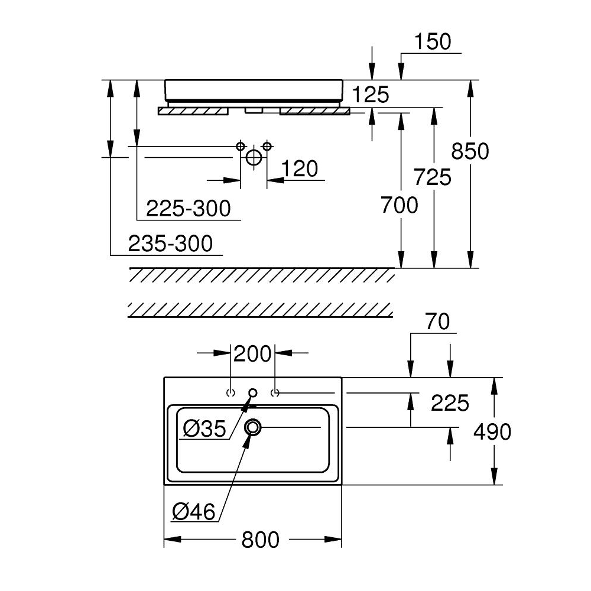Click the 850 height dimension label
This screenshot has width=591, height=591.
(470, 151)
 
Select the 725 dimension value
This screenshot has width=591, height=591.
(433, 177)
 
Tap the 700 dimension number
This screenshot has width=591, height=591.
(399, 205)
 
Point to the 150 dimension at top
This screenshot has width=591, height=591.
(432, 41)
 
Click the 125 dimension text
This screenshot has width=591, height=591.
(370, 95)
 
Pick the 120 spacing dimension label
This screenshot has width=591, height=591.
(299, 169)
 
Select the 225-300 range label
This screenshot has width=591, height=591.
(188, 208)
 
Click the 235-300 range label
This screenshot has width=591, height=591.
(170, 243)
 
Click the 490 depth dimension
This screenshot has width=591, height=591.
(492, 432)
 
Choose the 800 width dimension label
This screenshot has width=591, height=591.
(260, 539)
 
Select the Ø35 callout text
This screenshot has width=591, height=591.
(204, 429)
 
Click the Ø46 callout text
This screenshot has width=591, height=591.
(194, 511)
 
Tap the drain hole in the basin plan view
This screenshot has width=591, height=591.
(254, 427)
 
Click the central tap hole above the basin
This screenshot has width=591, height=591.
(253, 392)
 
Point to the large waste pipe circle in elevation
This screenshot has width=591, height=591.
(253, 158)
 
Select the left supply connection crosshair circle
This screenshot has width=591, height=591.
(240, 145)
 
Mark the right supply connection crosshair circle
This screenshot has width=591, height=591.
(267, 145)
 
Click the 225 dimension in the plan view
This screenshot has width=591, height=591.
(450, 403)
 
